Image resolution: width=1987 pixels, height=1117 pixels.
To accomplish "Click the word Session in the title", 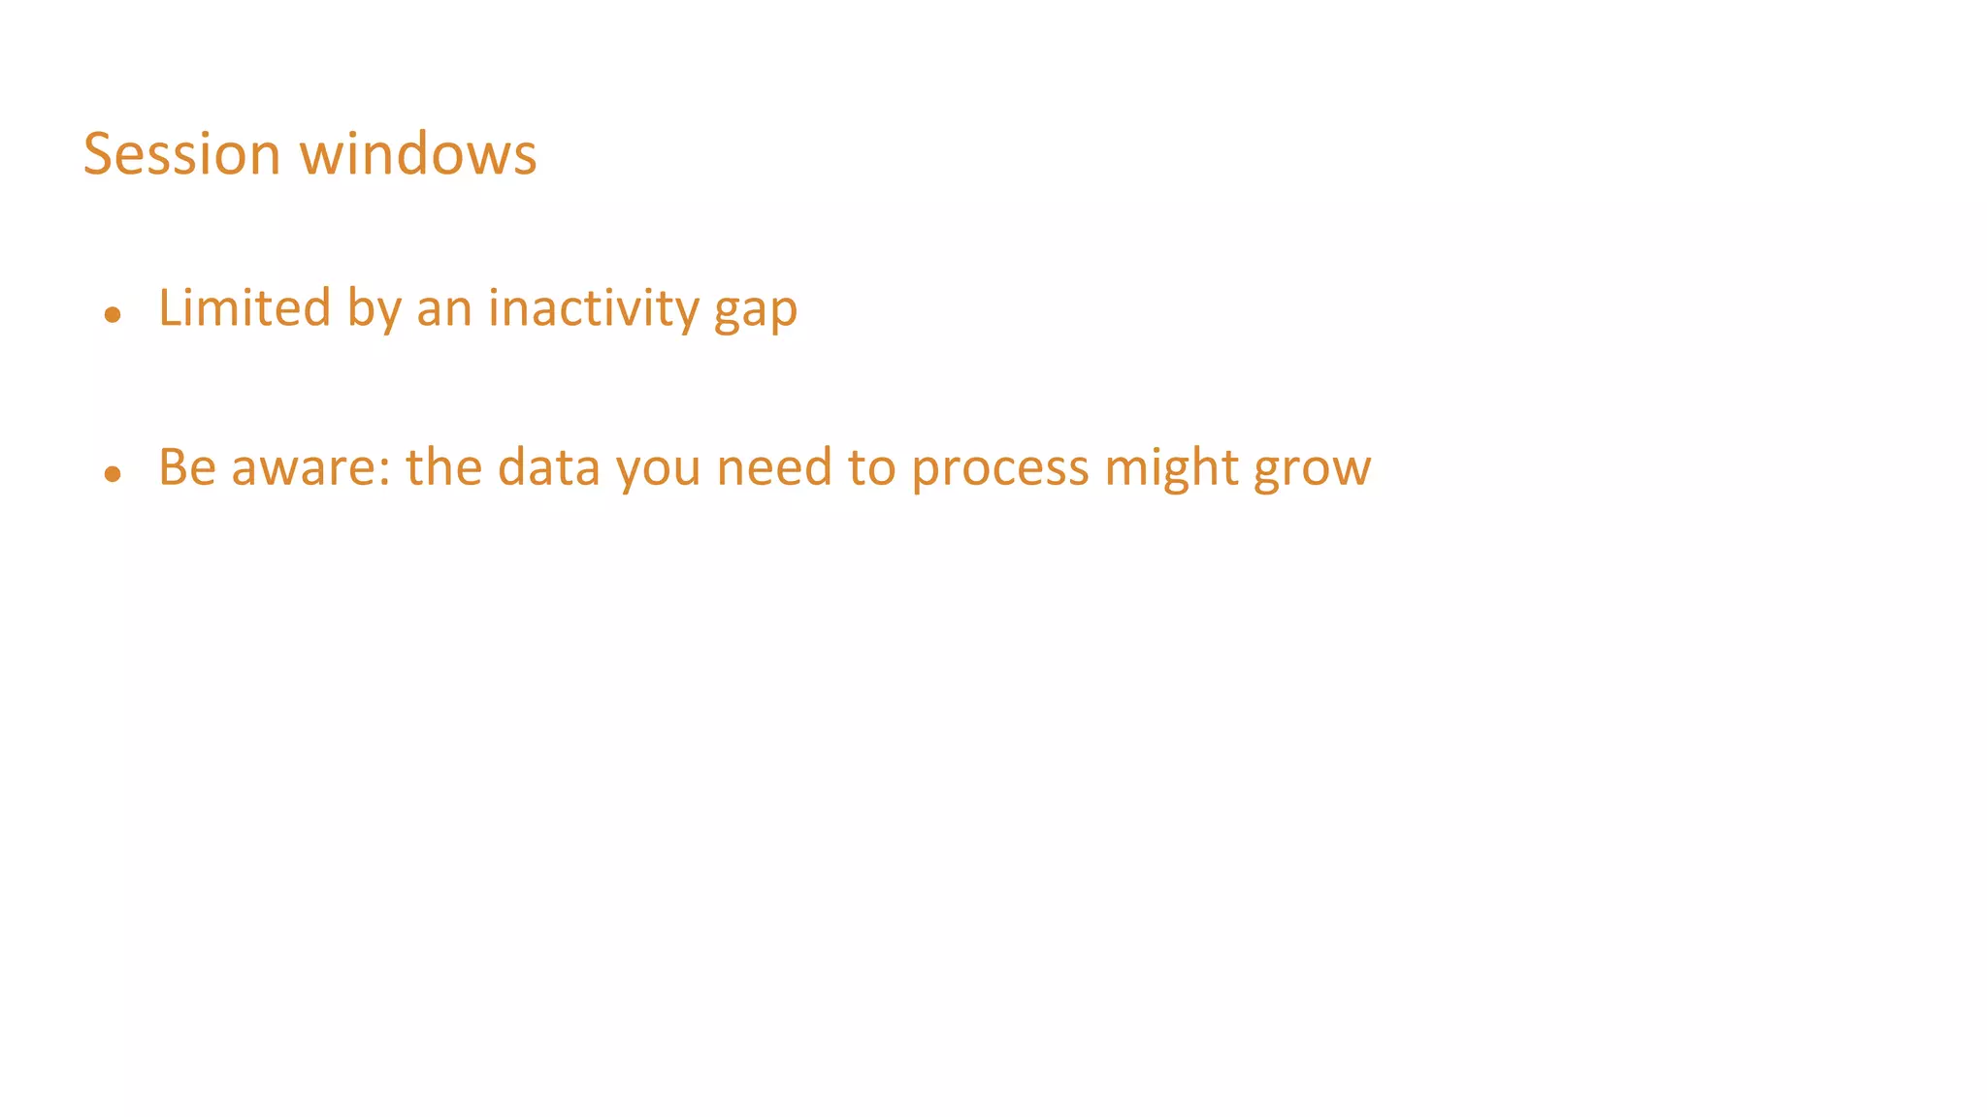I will (181, 154).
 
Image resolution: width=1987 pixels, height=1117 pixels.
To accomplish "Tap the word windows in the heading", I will (418, 154).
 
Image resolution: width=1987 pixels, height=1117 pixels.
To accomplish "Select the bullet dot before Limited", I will (114, 314).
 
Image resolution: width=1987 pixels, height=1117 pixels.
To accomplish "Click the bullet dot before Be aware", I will (114, 473).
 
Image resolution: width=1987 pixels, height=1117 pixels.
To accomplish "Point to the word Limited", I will (244, 308).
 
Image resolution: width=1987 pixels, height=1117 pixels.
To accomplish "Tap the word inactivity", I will (593, 308).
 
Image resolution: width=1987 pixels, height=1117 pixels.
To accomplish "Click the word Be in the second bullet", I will (187, 467).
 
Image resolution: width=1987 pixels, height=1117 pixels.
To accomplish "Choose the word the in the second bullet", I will (443, 467).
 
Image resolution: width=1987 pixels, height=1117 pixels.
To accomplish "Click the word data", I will (549, 467).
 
